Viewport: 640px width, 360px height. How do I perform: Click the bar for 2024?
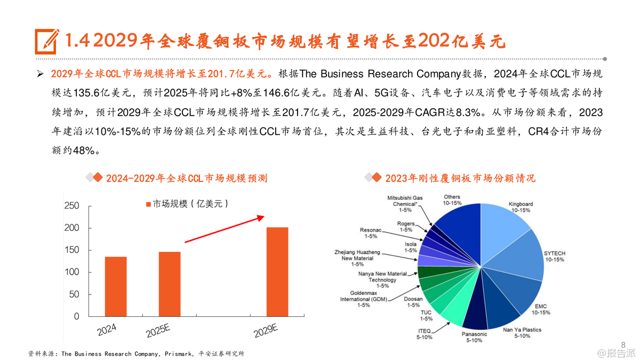(x=116, y=286)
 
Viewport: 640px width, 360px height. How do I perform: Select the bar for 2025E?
(x=170, y=284)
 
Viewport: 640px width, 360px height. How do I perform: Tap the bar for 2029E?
(x=277, y=271)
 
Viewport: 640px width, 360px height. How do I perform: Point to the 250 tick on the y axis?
(x=71, y=206)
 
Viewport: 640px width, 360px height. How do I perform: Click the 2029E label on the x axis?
(x=266, y=331)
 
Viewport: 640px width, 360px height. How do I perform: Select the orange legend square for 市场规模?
(x=148, y=204)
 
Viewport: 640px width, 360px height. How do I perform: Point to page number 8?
(x=623, y=344)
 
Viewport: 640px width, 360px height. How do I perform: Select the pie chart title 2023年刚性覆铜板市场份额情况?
(x=460, y=178)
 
